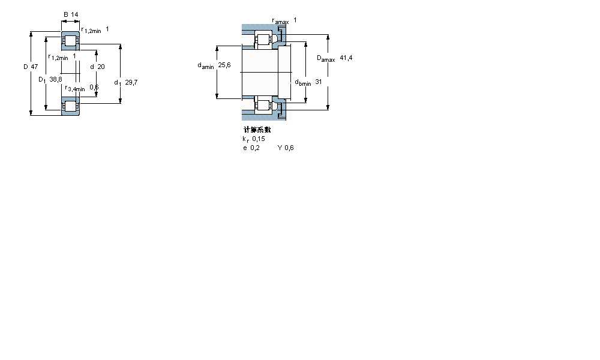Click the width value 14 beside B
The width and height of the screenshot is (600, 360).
[74, 14]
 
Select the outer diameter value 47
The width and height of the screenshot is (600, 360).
[34, 67]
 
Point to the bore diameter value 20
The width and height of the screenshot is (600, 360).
[101, 67]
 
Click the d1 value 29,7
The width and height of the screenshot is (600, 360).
[131, 82]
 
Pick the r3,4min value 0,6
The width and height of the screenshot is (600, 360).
[94, 87]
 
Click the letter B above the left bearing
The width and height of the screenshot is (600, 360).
[65, 14]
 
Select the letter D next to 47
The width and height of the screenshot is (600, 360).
[26, 67]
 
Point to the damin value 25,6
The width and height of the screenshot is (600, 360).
[224, 65]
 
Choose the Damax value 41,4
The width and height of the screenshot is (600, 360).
[346, 58]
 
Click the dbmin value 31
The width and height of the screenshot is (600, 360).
[319, 82]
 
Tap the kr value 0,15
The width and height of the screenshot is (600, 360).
[259, 139]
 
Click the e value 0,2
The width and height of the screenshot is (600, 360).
[255, 148]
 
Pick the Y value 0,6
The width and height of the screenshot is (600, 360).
[289, 148]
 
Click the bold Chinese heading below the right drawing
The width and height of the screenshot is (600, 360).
[257, 130]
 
